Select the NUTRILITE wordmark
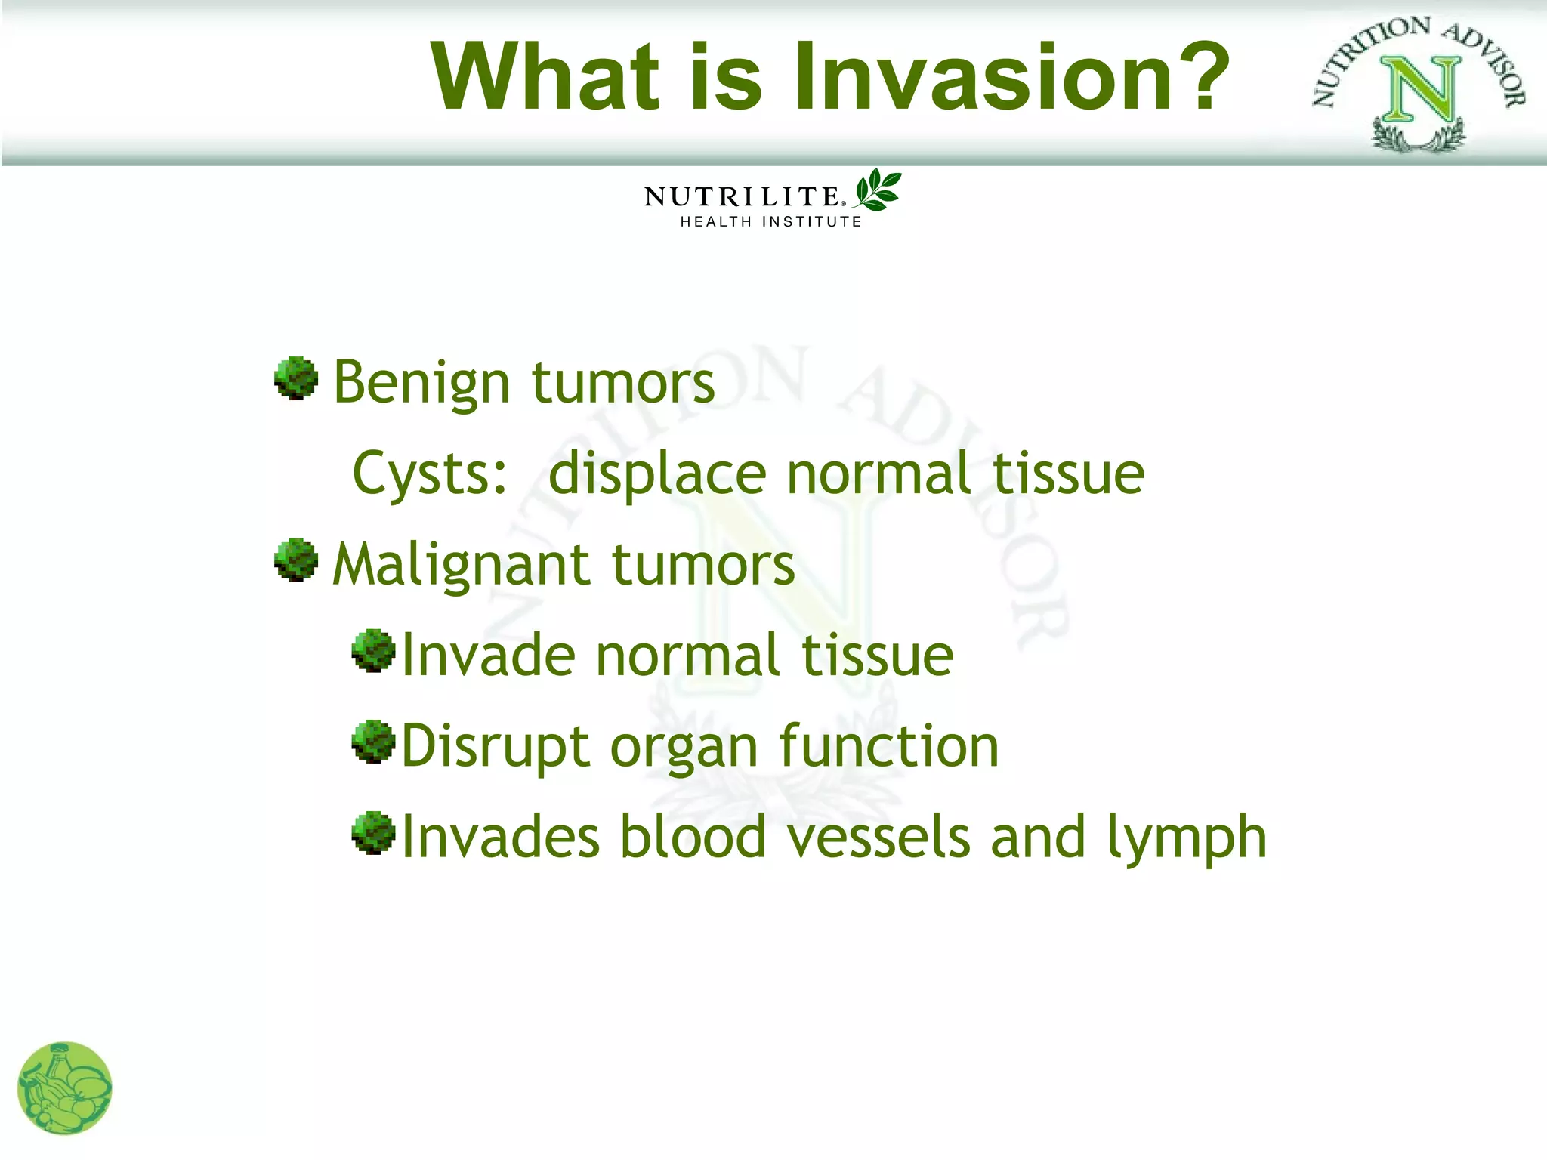[x=742, y=197]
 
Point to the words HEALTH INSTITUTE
[x=770, y=222]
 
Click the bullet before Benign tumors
[x=295, y=378]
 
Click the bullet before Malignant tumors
[x=295, y=560]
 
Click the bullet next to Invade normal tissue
[x=373, y=650]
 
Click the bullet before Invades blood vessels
[x=373, y=832]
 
